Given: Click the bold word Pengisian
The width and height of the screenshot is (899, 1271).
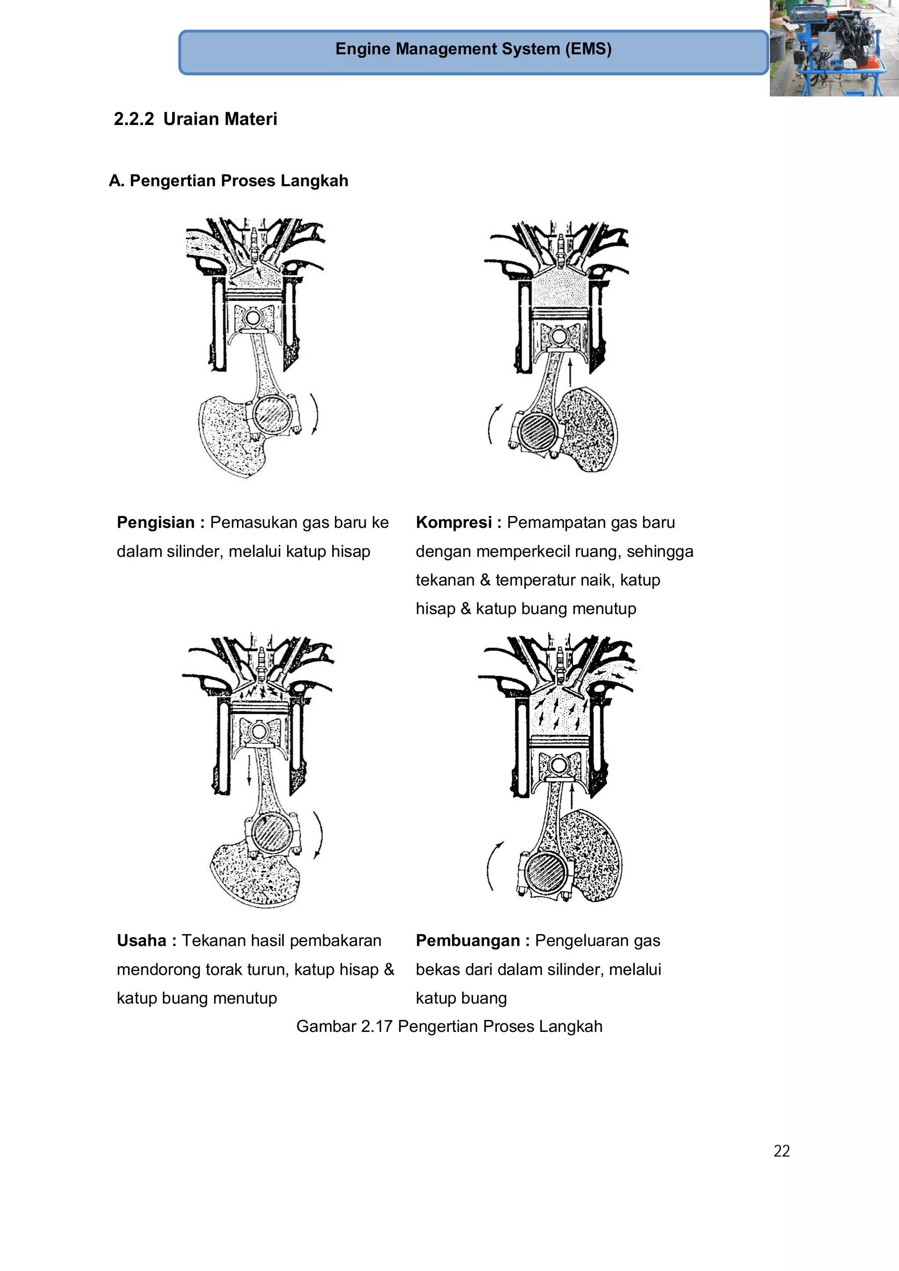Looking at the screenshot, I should pos(156,523).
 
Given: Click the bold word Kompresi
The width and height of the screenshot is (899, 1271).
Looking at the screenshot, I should pos(453,523).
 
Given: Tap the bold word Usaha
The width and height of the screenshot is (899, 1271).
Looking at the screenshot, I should pos(141,941).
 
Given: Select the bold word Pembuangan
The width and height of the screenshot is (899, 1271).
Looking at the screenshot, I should pos(467,941).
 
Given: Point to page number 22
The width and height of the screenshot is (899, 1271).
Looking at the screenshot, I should pos(781,1151).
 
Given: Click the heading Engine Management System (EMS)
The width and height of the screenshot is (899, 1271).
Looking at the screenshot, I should pos(473,49).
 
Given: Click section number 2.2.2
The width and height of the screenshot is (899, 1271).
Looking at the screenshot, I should pos(133,119).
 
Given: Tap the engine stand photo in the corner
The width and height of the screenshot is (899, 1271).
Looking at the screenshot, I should pos(834,48).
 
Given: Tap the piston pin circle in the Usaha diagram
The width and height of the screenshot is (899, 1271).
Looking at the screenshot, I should pos(258,732).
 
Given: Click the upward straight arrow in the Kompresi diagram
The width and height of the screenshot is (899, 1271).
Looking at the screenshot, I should pos(570,370).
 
